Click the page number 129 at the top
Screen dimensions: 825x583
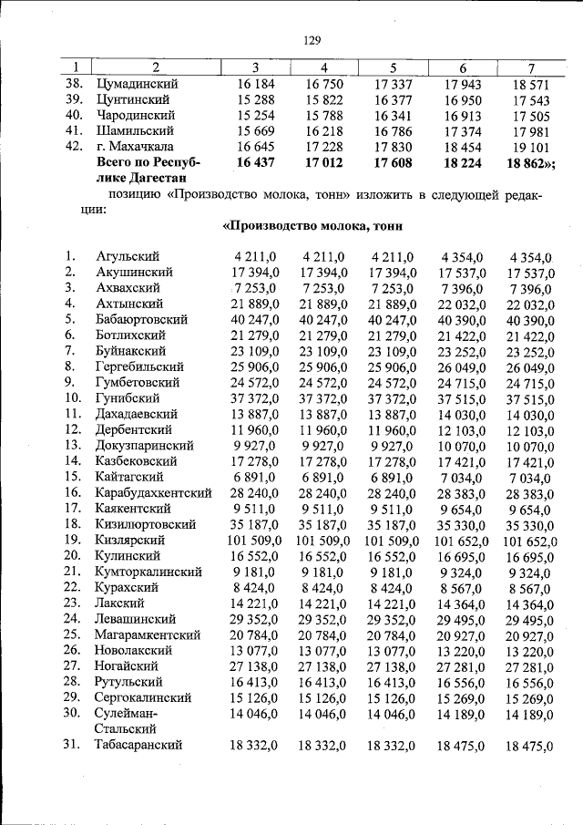tap(312, 40)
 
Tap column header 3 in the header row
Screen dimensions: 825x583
tap(256, 67)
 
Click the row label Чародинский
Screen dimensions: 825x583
tap(136, 115)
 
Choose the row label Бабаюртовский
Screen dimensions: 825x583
tap(141, 319)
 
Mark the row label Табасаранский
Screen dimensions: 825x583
tap(138, 745)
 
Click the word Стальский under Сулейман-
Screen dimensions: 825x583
tap(128, 728)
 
